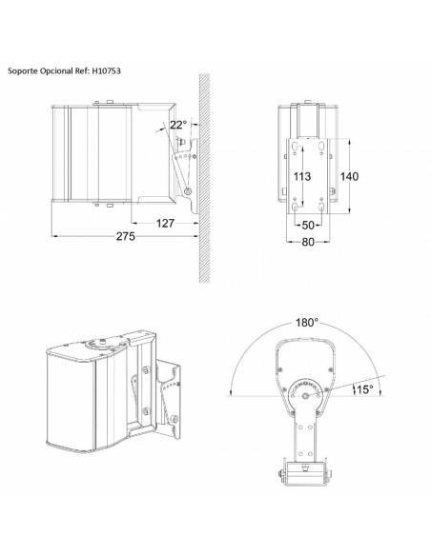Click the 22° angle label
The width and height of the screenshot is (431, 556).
click(178, 125)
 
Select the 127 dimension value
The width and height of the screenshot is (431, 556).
click(165, 223)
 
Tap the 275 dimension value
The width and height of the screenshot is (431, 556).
click(125, 236)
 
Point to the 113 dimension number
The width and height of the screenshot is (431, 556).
click(301, 176)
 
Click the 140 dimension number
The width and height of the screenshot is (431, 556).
click(349, 176)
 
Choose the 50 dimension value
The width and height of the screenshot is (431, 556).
click(308, 225)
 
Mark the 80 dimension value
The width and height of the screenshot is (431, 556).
click(308, 242)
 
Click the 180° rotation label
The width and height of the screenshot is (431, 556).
click(307, 323)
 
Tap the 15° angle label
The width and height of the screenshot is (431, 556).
click(365, 389)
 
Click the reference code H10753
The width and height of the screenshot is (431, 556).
click(107, 70)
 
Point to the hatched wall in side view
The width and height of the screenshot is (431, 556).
click(204, 178)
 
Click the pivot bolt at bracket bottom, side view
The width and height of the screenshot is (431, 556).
click(188, 191)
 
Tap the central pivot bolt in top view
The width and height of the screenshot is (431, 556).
click(306, 395)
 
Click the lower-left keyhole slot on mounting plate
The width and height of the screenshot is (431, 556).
click(295, 207)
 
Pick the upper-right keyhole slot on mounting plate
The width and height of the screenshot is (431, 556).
click(321, 146)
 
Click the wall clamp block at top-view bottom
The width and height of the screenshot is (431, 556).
click(304, 474)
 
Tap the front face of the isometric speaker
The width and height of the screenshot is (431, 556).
click(71, 405)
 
